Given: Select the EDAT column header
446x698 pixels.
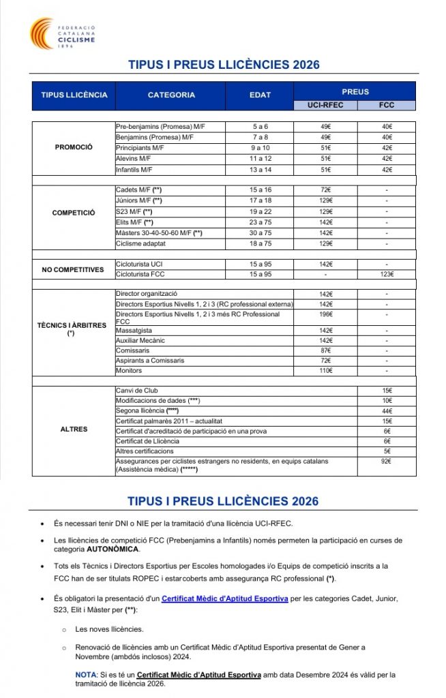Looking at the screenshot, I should [260, 95].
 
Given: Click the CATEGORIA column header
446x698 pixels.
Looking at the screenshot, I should [171, 95].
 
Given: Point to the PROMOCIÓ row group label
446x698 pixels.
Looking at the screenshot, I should [74, 147].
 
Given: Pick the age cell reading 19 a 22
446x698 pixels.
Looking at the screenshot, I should [260, 211].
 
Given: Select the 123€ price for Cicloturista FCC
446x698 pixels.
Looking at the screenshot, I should [387, 274].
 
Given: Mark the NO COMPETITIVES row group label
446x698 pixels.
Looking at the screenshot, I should [74, 269].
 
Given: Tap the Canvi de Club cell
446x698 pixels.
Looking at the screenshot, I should [137, 391].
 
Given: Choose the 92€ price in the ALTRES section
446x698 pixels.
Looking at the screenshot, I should [387, 461].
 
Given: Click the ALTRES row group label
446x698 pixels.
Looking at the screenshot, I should [74, 429].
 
